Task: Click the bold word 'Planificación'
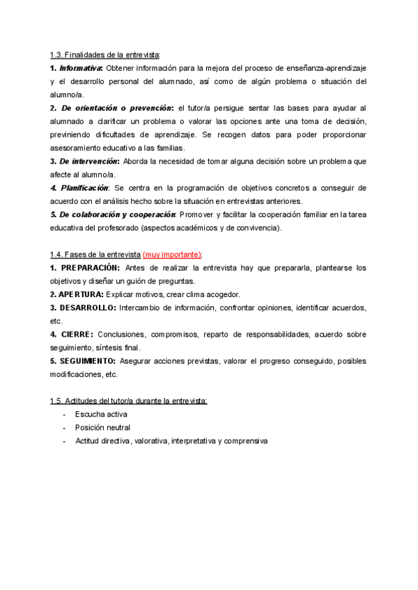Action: point(84,188)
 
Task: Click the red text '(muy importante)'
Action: point(172,255)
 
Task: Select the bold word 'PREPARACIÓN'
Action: point(91,268)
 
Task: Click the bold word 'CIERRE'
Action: point(77,334)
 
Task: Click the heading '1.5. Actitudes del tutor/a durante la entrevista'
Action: point(129,401)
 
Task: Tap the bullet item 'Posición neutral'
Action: point(102,427)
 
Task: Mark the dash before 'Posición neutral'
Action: point(64,427)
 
